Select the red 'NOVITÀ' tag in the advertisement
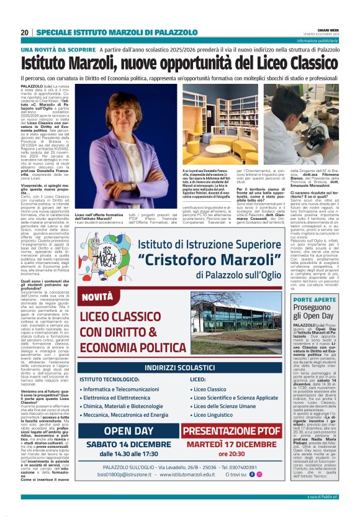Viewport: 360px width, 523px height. click(98, 298)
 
